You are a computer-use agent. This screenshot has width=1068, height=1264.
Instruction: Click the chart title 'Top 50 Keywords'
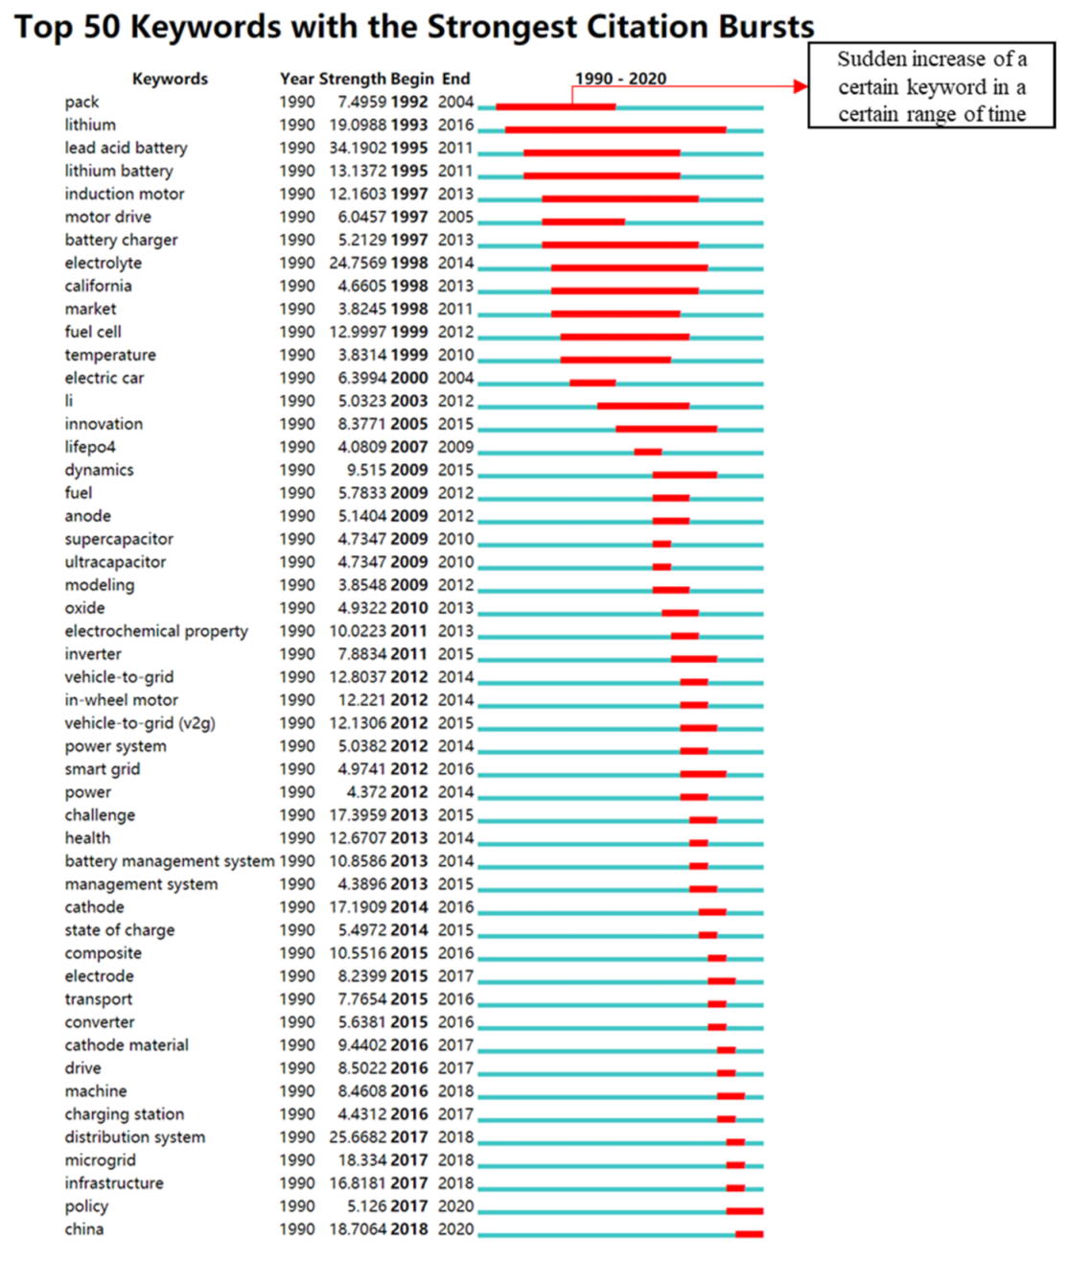(414, 26)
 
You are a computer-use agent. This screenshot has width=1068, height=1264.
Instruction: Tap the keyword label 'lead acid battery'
(126, 148)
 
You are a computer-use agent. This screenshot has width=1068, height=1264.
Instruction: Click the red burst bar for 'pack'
(555, 106)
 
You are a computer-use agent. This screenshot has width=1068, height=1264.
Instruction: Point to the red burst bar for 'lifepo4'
(647, 452)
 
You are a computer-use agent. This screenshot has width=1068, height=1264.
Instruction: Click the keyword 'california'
(98, 286)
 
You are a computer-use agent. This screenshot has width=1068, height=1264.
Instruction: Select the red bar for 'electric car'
(592, 383)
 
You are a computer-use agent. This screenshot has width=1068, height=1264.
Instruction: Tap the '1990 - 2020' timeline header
(620, 79)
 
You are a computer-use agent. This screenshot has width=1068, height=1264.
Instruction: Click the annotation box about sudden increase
(931, 86)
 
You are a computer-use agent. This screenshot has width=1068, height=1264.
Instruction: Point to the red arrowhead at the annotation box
(801, 86)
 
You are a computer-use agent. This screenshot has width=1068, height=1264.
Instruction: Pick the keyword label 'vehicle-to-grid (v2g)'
(140, 723)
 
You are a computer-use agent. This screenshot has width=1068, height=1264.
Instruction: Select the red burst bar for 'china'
(749, 1234)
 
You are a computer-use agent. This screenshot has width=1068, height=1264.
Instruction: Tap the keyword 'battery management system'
(170, 861)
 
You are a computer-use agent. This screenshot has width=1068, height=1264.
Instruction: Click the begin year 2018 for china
(409, 1229)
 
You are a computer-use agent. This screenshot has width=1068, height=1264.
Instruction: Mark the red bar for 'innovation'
(666, 429)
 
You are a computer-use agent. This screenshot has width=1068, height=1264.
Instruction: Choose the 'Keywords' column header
(170, 79)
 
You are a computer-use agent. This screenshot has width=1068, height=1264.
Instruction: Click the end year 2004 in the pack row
(455, 102)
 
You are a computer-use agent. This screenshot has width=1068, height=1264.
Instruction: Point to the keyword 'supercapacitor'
(119, 539)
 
